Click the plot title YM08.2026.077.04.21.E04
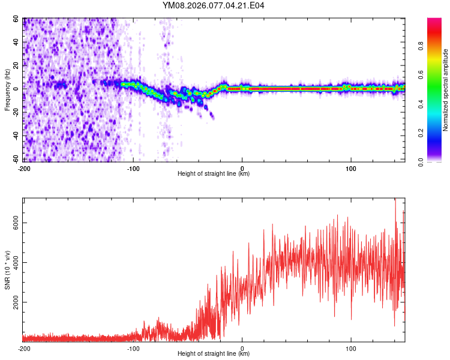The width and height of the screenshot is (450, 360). [214, 6]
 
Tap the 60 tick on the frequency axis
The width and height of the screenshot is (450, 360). [16, 19]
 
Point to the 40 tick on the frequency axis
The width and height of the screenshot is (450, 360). [16, 42]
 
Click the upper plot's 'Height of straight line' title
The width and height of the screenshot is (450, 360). [214, 174]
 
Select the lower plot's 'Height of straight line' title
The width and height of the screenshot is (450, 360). [214, 354]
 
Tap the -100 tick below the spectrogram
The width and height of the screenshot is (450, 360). [133, 167]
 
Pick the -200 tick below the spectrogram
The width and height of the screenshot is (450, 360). [24, 167]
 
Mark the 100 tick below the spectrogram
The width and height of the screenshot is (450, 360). [351, 167]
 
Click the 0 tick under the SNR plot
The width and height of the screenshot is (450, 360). [242, 347]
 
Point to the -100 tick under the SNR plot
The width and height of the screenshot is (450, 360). [133, 347]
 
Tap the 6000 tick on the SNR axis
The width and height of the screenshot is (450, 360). [16, 223]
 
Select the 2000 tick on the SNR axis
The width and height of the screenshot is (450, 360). [16, 302]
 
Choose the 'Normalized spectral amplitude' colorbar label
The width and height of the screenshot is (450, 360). [446, 90]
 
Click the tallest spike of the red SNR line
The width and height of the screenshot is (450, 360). [395, 200]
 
